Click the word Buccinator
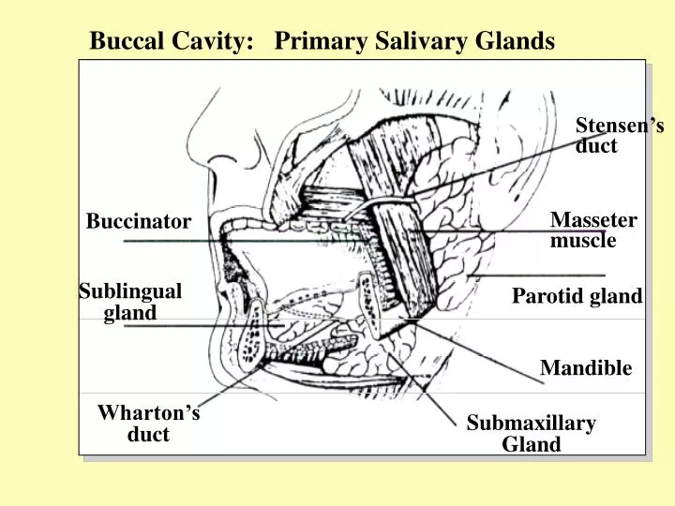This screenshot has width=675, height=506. click(x=139, y=222)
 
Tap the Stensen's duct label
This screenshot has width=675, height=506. click(x=619, y=136)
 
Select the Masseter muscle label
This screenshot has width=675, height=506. click(x=593, y=231)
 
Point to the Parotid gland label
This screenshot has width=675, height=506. click(x=577, y=297)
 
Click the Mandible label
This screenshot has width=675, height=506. click(x=586, y=368)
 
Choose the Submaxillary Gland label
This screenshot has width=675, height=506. click(x=532, y=434)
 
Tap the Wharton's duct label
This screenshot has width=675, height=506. click(x=148, y=424)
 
